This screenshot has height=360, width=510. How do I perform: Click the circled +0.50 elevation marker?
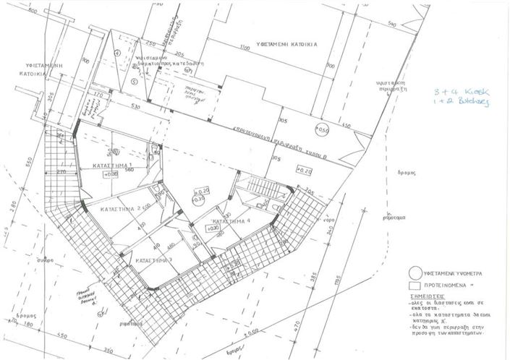coord(322,130)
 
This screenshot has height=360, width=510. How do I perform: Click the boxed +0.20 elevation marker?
coord(304,171)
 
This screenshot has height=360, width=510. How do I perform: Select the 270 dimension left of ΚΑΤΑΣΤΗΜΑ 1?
coord(61,172)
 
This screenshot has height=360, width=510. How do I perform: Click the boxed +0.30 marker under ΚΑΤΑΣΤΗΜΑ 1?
coord(111,174)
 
